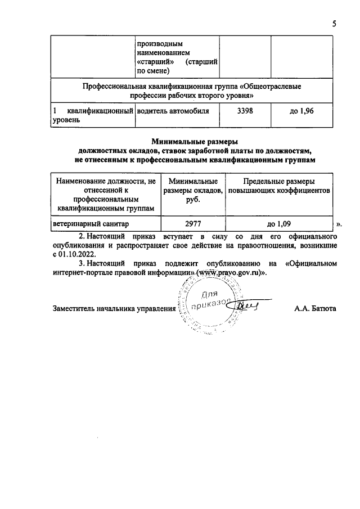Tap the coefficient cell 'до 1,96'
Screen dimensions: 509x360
click(x=301, y=111)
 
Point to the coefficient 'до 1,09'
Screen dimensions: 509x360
click(x=278, y=223)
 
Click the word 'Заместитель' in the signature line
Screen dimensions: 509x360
click(x=74, y=309)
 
